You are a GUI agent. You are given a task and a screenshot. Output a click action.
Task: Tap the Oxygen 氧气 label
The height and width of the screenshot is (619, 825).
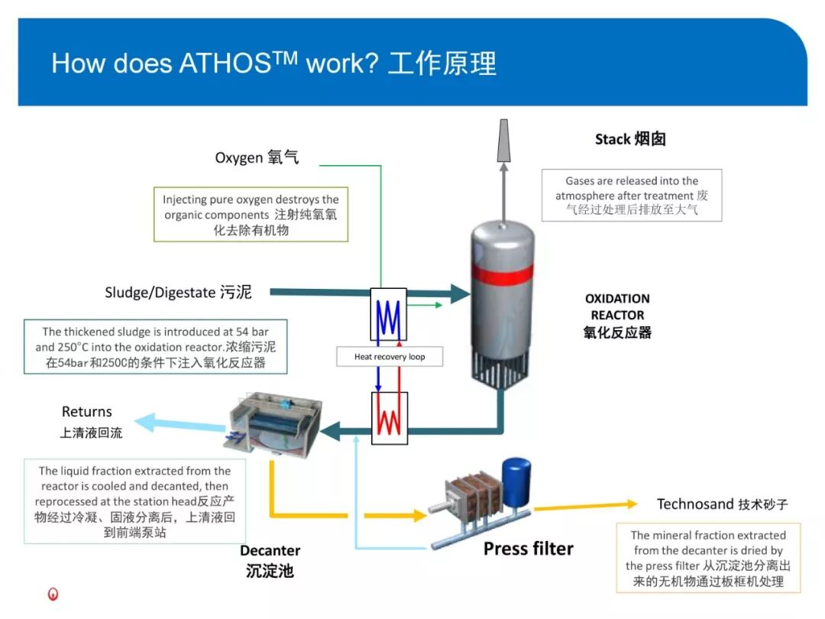click(257, 158)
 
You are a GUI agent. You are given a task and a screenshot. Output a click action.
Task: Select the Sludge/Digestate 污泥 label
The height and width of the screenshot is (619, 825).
click(177, 292)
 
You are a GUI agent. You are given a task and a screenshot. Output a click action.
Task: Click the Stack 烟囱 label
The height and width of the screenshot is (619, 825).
click(630, 139)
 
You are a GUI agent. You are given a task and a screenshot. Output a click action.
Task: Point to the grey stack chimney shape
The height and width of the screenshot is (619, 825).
click(503, 141)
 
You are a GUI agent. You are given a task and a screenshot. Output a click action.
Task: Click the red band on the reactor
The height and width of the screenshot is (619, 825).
click(502, 273)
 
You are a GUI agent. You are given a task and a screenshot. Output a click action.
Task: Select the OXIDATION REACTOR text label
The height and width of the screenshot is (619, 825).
click(617, 307)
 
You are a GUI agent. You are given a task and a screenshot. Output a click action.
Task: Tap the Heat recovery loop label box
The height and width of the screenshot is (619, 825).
click(390, 357)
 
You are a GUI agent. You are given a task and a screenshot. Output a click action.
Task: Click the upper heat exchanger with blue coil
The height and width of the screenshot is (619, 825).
click(389, 313)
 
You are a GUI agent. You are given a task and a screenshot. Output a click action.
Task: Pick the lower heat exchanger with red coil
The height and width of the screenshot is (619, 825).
click(389, 417)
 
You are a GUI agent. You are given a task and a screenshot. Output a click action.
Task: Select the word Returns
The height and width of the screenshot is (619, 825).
click(87, 412)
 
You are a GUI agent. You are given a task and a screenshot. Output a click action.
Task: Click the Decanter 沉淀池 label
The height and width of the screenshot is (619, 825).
click(270, 560)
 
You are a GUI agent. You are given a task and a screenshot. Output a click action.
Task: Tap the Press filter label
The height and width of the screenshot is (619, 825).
click(528, 548)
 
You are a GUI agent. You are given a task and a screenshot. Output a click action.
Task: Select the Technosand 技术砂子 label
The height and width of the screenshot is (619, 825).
click(722, 504)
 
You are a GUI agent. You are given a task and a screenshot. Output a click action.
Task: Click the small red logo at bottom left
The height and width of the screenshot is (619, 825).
click(53, 594)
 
